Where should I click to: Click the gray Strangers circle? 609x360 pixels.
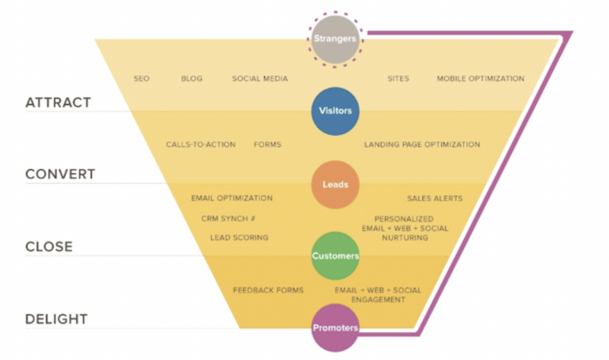(x=335, y=40)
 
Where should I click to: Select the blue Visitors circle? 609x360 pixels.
(x=335, y=111)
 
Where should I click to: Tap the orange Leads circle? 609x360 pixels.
(x=335, y=184)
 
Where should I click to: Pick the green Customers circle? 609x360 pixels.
(x=335, y=256)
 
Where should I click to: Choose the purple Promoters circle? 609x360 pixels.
(x=335, y=328)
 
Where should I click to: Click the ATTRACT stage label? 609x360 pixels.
(x=58, y=103)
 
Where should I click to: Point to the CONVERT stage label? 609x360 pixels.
(x=60, y=174)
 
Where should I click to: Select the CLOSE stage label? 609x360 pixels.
(x=49, y=246)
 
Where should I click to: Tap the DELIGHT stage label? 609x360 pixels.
(x=56, y=319)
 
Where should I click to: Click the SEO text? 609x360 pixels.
(x=141, y=78)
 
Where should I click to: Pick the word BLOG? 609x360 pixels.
(x=192, y=78)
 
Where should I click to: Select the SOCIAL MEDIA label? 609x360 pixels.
(x=260, y=78)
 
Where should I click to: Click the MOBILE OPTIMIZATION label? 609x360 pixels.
(x=480, y=78)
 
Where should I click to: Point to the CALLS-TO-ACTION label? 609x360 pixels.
(x=200, y=144)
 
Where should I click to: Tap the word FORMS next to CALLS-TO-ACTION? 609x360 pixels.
(x=267, y=144)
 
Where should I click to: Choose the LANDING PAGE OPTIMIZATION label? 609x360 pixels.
(x=422, y=144)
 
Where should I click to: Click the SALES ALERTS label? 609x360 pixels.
(x=435, y=198)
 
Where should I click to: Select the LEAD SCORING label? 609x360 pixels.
(x=239, y=238)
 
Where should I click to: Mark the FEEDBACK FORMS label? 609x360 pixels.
(x=269, y=290)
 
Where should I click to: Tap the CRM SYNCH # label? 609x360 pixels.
(x=228, y=218)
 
